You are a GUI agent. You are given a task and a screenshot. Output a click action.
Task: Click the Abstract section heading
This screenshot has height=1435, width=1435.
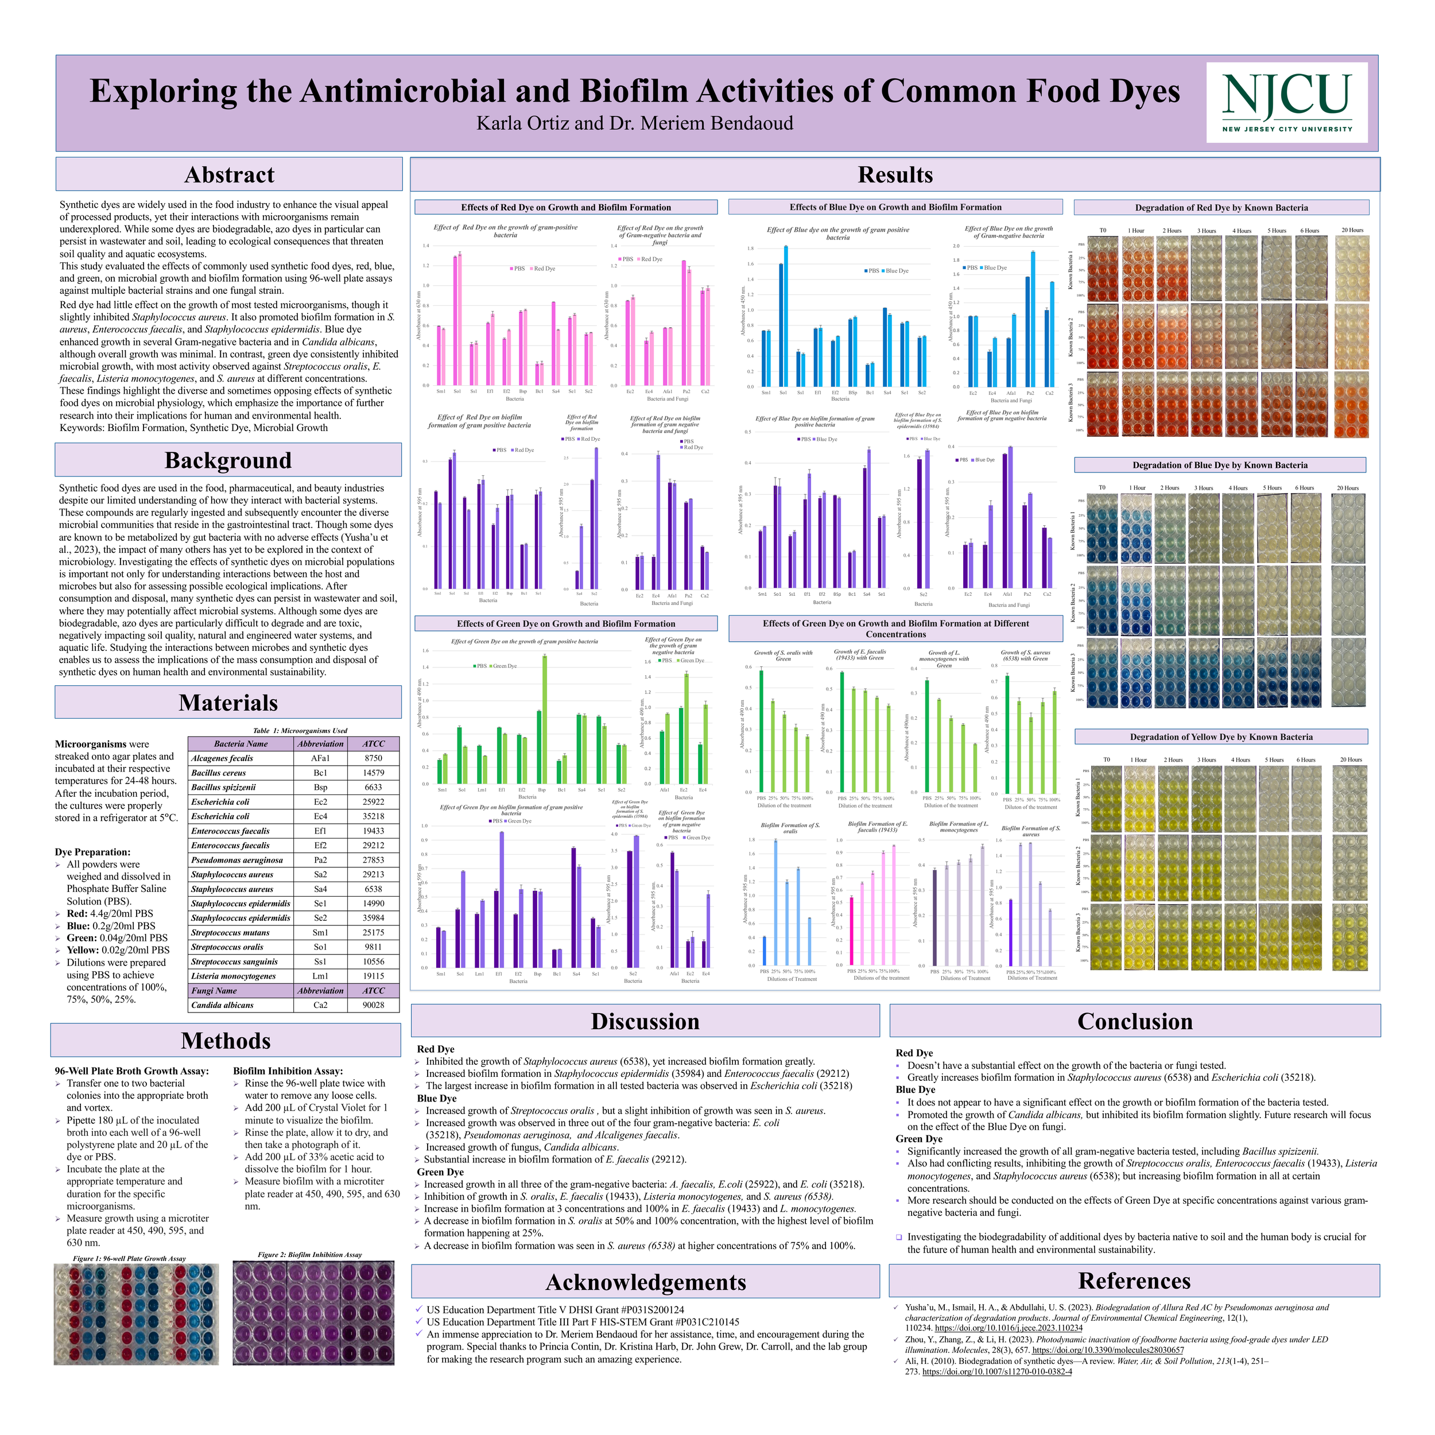(x=229, y=174)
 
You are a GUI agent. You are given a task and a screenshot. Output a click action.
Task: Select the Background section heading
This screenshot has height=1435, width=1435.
(x=228, y=460)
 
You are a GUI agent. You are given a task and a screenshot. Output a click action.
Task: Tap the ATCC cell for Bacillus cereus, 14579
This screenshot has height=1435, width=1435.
(x=373, y=773)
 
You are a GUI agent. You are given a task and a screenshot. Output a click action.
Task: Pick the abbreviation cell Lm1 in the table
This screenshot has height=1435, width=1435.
(x=320, y=976)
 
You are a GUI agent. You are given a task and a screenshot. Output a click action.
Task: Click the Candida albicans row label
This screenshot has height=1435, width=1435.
(x=222, y=1005)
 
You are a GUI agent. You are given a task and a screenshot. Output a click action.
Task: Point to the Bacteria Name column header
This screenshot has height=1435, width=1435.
(x=240, y=743)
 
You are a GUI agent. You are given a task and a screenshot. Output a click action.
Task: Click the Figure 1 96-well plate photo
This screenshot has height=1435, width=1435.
(x=136, y=1314)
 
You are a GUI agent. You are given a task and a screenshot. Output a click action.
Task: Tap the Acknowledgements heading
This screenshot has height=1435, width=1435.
(x=645, y=1282)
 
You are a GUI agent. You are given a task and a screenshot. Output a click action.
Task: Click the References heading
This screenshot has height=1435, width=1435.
(x=1134, y=1281)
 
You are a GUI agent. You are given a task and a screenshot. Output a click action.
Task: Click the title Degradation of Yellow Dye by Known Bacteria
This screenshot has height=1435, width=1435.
(x=1220, y=737)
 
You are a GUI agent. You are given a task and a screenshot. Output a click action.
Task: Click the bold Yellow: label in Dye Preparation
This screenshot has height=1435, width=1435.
(x=83, y=950)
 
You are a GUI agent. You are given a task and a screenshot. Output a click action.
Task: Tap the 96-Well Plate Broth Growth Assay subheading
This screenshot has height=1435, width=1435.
(x=131, y=1071)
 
